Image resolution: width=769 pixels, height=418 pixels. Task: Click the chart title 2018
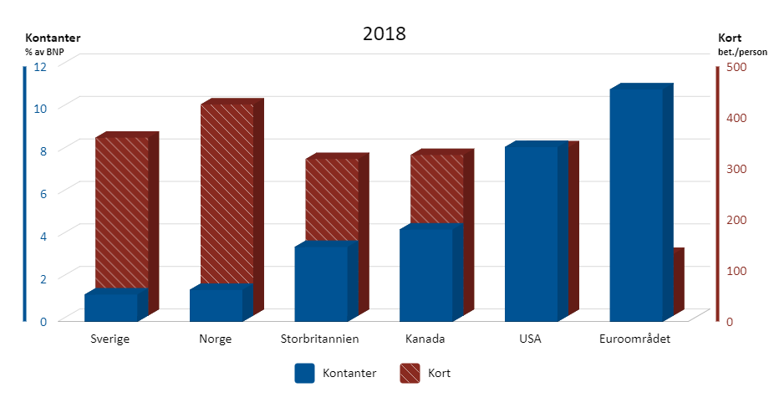point(384,34)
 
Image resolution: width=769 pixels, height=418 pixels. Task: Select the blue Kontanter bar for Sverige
point(111,307)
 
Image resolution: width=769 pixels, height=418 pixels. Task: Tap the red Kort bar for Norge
point(222,192)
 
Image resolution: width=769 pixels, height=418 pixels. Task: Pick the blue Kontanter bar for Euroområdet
point(636,205)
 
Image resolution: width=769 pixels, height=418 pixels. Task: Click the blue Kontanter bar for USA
point(531,234)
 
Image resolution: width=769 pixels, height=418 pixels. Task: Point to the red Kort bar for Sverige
point(121,209)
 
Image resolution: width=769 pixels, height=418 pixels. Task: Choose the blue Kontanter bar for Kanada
point(425,274)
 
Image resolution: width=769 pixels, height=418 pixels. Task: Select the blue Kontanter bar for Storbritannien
point(321,283)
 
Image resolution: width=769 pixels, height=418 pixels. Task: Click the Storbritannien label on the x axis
point(320,339)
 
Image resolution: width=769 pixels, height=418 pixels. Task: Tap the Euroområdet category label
point(635,339)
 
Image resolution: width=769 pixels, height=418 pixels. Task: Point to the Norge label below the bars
point(216,339)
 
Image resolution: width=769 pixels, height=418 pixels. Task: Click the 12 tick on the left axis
point(39,68)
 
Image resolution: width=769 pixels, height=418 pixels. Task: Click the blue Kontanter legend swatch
point(304,373)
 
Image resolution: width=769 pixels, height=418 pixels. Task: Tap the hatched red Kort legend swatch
point(410,373)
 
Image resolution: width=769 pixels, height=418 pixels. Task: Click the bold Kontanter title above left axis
point(53,38)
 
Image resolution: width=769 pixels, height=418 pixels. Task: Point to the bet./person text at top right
point(741,52)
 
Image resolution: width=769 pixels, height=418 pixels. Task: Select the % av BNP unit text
point(44,52)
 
